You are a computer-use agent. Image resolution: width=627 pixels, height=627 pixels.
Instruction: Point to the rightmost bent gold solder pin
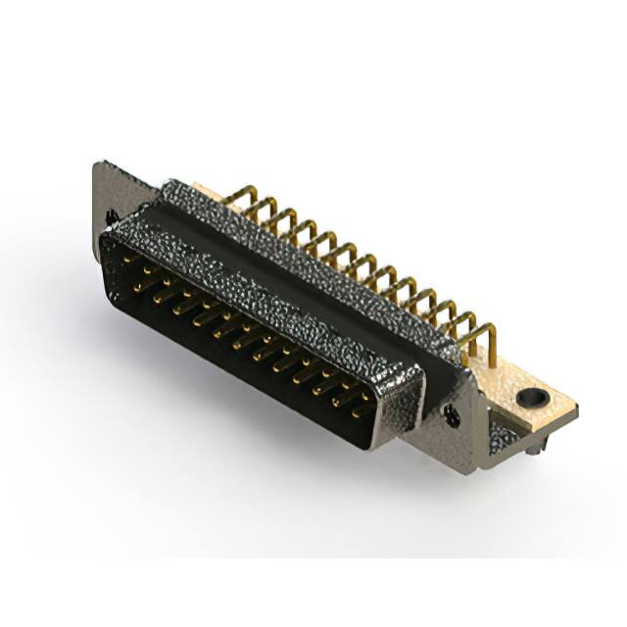click(x=487, y=341)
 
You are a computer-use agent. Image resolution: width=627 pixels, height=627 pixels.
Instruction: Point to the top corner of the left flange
click(x=98, y=164)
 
